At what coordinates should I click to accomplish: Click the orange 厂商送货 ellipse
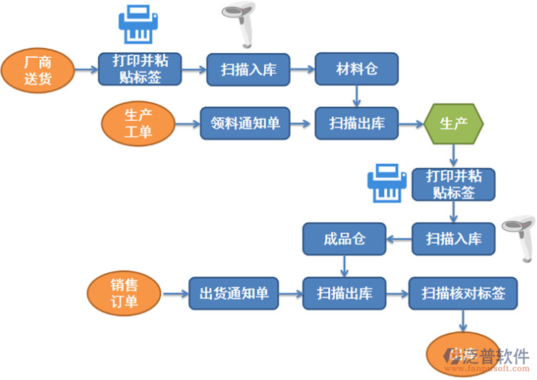click(38, 70)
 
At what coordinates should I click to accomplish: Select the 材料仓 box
click(356, 69)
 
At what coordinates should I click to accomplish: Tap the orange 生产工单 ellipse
click(138, 123)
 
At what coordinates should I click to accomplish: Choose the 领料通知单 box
click(245, 123)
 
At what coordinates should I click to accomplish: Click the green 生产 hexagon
click(453, 123)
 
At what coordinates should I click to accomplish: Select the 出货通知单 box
click(233, 293)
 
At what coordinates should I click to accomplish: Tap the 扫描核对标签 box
click(463, 293)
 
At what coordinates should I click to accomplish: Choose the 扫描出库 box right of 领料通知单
click(356, 123)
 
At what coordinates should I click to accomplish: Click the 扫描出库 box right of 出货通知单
click(344, 293)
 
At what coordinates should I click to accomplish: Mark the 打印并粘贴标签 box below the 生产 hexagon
click(453, 185)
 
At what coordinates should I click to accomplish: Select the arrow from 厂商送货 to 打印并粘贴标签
click(86, 70)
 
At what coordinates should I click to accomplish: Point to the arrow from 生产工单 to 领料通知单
click(187, 123)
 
